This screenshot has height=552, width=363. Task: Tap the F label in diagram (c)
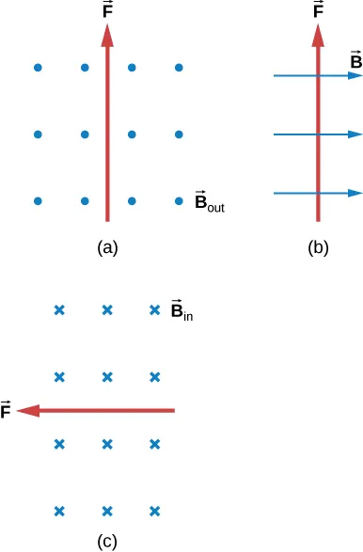pyautogui.click(x=8, y=409)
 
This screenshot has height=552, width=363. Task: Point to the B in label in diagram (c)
pyautogui.click(x=181, y=309)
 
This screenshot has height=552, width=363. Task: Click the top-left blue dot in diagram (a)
pyautogui.click(x=38, y=68)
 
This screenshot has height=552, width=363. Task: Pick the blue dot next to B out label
pyautogui.click(x=179, y=201)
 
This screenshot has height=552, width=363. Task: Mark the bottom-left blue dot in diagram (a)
pyautogui.click(x=38, y=201)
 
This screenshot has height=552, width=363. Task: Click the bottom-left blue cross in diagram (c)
pyautogui.click(x=59, y=512)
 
